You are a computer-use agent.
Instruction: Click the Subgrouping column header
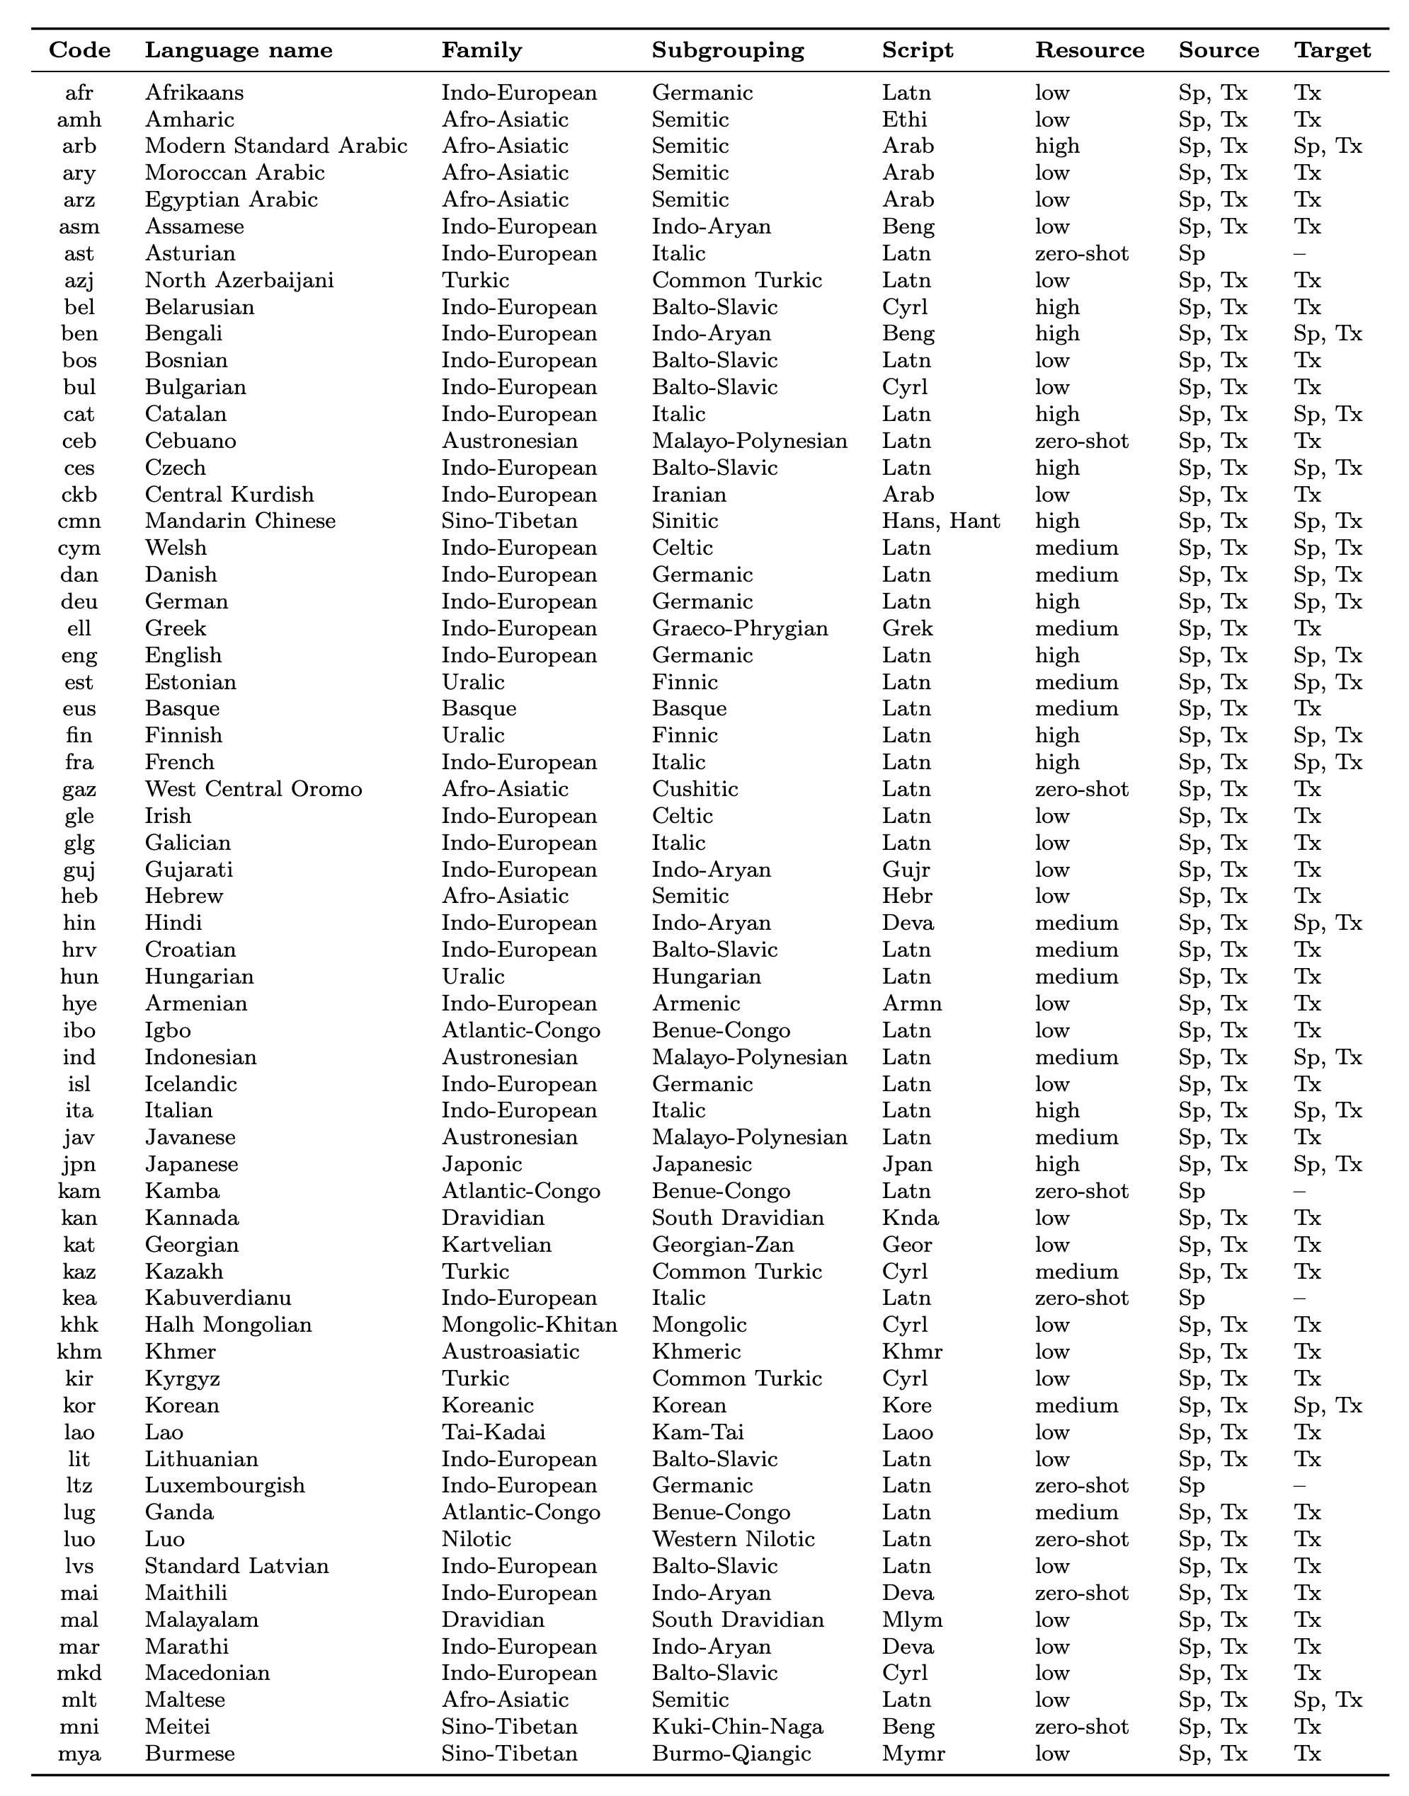728,50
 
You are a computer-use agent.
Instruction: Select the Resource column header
1089,50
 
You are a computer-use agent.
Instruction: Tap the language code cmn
79,521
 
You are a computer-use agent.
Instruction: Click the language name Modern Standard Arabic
275,146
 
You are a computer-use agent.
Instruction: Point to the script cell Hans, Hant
940,521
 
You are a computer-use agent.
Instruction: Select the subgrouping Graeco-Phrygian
739,628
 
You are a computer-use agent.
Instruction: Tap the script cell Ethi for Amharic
904,120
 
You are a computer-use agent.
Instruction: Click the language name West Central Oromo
253,789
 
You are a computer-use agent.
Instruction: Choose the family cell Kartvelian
496,1244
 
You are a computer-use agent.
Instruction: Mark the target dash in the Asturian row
1299,253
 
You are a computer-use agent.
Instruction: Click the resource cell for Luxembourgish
1081,1486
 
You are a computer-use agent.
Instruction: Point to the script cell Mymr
913,1753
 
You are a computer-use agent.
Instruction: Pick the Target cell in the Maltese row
1328,1700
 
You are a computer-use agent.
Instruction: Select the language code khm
79,1352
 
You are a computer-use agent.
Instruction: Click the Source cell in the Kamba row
1191,1191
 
